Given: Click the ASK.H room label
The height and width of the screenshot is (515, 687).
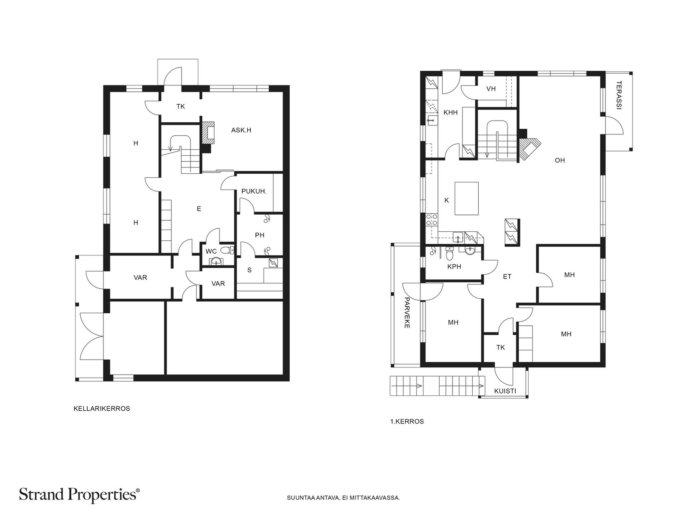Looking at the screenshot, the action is click(x=241, y=130).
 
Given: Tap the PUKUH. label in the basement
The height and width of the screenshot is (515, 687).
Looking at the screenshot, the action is click(x=254, y=191).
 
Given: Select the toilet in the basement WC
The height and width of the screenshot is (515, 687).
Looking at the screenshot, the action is click(x=227, y=250).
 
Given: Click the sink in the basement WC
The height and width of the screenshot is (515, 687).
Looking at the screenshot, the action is click(x=215, y=261).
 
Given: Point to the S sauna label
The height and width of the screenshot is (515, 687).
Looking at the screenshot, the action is click(x=249, y=270).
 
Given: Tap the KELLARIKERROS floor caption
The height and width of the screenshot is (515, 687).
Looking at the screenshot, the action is click(x=102, y=409).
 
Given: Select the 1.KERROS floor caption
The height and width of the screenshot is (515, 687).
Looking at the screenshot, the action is click(x=407, y=421).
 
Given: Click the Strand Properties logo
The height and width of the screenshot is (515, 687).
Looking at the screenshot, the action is click(x=79, y=495).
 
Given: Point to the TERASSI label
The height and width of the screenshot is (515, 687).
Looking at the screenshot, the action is click(x=618, y=95).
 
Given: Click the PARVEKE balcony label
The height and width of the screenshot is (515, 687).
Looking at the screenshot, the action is click(x=407, y=313).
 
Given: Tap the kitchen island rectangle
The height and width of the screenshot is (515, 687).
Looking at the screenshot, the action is click(x=467, y=199).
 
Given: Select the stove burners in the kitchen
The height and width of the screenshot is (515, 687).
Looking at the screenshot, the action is click(x=432, y=219).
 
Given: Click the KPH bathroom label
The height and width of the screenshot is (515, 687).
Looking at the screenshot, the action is click(x=454, y=267).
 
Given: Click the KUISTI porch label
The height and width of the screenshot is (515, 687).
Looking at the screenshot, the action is click(x=505, y=391).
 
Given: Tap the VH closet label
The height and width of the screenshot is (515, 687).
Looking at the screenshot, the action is click(x=491, y=89).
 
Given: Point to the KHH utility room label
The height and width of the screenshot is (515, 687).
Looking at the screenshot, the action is click(x=451, y=112).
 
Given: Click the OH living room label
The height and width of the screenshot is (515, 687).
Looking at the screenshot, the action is click(x=560, y=161).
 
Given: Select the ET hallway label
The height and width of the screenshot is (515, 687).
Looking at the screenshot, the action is click(x=508, y=277).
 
